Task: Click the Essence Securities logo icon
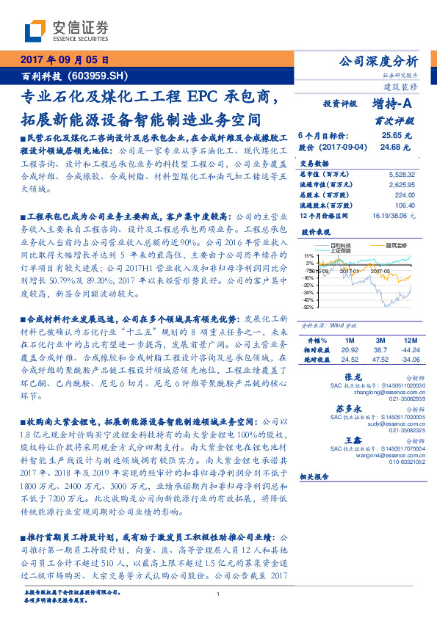37,31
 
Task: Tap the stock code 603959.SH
101,75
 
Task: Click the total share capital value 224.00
405,195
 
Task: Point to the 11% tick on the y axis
310,256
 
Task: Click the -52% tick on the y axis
308,308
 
